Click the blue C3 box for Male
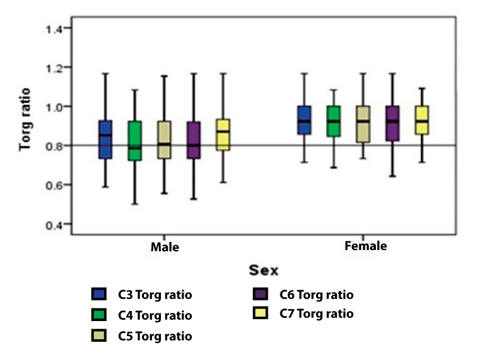click(105, 139)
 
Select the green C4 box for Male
click(135, 141)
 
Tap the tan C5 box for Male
click(164, 140)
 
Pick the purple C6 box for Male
click(194, 140)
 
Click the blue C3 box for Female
click(305, 120)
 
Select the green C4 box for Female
click(334, 121)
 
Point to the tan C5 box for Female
click(364, 124)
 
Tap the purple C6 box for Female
click(393, 124)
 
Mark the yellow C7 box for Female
click(422, 120)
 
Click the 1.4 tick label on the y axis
click(53, 28)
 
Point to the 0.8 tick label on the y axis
click(53, 146)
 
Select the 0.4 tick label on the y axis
click(53, 225)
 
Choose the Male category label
click(165, 247)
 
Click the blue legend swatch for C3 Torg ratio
click(98, 294)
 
